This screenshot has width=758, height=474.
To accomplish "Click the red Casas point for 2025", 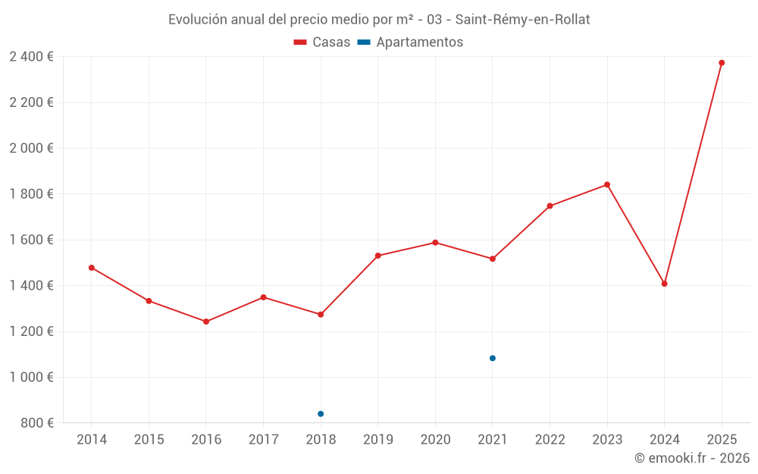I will pyautogui.click(x=722, y=63).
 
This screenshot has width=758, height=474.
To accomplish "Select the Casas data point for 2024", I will pyautogui.click(x=664, y=284).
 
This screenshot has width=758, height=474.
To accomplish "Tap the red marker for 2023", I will pyautogui.click(x=607, y=184).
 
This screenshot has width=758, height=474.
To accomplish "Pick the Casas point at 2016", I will pyautogui.click(x=206, y=322).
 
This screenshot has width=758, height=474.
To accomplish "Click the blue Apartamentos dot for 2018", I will pyautogui.click(x=321, y=414).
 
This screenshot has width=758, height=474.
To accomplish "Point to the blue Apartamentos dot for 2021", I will pyautogui.click(x=493, y=358).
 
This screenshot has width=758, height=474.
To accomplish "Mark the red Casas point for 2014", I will pyautogui.click(x=92, y=268).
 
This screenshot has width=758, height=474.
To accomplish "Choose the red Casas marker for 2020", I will pyautogui.click(x=435, y=243).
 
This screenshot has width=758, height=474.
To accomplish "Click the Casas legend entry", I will pyautogui.click(x=322, y=42).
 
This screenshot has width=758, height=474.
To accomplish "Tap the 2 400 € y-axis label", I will pyautogui.click(x=31, y=57).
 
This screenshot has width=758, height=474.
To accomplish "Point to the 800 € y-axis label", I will pyautogui.click(x=36, y=423).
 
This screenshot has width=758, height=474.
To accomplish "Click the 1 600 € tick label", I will pyautogui.click(x=31, y=240).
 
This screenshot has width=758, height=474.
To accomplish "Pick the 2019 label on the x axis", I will pyautogui.click(x=377, y=440).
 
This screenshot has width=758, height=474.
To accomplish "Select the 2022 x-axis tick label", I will pyautogui.click(x=550, y=440).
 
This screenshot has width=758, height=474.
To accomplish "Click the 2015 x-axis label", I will pyautogui.click(x=149, y=440).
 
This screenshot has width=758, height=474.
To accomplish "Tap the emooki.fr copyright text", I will pyautogui.click(x=691, y=458).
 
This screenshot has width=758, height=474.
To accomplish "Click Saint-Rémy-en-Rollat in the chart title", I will pyautogui.click(x=522, y=20).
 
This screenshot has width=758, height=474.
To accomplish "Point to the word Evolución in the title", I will pyautogui.click(x=197, y=20).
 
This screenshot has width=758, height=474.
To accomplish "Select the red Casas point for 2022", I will pyautogui.click(x=550, y=206).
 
